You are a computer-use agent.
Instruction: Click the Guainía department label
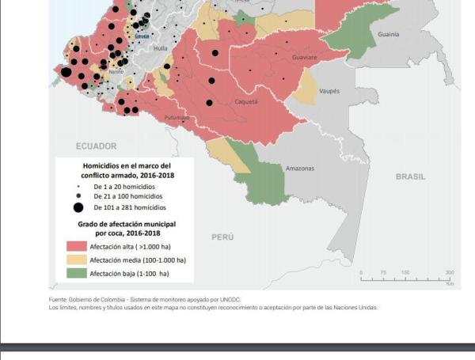coord(389,35)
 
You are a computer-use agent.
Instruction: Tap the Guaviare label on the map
coord(304,58)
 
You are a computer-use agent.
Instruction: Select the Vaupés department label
coord(329,92)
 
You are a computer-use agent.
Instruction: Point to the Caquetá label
coord(245,102)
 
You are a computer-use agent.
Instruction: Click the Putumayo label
coord(177,118)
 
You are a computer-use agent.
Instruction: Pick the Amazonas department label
coord(299,169)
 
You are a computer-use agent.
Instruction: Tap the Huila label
coord(161,48)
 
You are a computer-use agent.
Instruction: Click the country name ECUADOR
coord(96,146)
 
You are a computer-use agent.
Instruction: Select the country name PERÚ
coord(222,237)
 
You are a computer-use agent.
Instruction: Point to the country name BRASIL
coord(410,176)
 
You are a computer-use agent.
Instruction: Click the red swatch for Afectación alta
coord(74,246)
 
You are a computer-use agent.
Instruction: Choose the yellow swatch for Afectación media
coord(74,260)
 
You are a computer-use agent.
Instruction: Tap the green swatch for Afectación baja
coord(74,274)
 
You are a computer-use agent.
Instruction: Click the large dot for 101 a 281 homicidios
coord(78,207)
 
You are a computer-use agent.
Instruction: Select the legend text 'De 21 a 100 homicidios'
coord(127,195)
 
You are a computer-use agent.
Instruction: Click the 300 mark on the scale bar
coord(450,273)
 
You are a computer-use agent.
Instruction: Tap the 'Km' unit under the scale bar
coord(450,282)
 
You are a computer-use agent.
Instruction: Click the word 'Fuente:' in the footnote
coord(59,300)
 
